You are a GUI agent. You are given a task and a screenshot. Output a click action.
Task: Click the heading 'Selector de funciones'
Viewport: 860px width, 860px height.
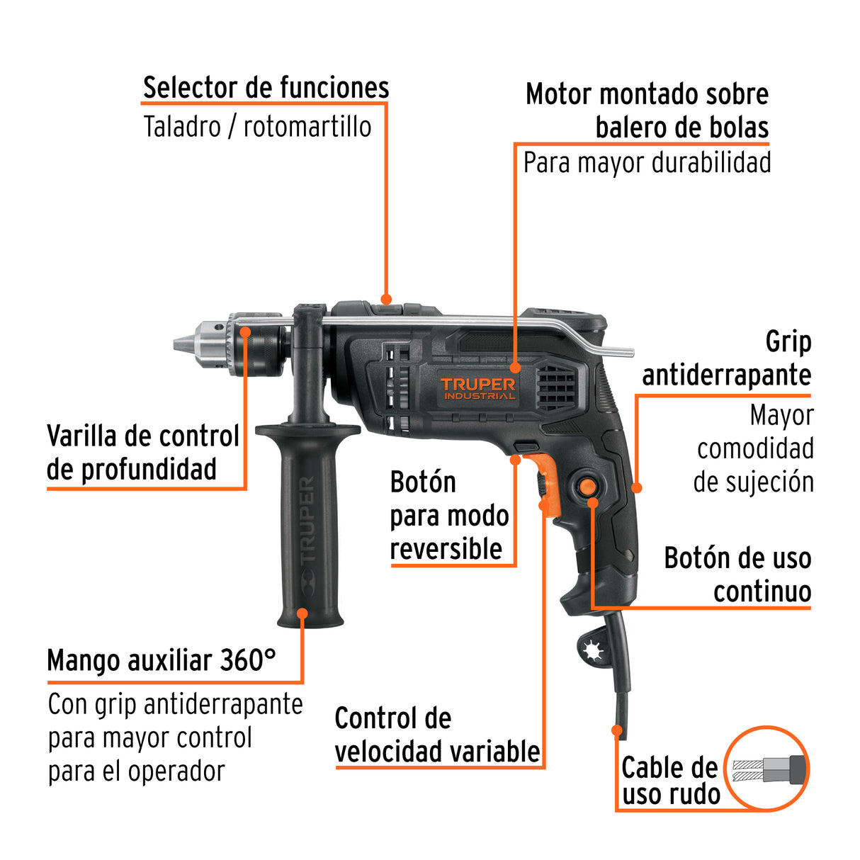pos(266,88)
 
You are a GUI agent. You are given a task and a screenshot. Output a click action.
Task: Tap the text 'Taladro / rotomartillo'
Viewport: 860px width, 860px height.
pos(257,127)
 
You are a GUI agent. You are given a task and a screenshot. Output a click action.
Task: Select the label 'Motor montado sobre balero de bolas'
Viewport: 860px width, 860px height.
pos(647,111)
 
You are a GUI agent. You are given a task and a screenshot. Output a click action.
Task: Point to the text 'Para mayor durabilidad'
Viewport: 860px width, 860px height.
pos(647,163)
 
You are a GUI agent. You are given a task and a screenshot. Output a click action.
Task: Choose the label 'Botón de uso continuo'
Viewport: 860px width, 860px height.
pos(737,575)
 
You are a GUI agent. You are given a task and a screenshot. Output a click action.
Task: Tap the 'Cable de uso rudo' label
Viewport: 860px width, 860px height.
pos(670,781)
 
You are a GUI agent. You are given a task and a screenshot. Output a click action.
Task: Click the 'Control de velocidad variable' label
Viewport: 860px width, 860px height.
pos(437,735)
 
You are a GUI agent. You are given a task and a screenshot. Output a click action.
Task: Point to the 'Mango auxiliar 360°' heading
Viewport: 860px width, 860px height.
pos(162,660)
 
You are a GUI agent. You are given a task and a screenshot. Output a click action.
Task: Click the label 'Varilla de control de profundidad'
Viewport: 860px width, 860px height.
pos(142,453)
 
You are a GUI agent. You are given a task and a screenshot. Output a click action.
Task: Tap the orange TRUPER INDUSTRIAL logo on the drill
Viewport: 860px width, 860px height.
pos(478,387)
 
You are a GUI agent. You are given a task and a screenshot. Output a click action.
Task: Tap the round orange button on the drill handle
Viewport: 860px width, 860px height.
pos(588,487)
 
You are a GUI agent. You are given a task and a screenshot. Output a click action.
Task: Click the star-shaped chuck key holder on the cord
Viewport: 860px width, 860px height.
pos(591,650)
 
